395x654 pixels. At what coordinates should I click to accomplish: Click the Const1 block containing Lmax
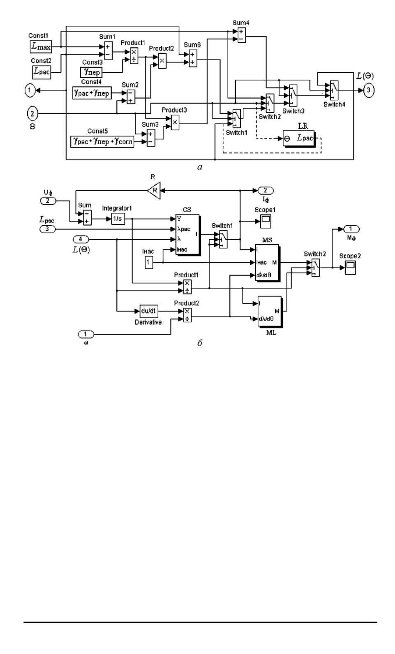41,47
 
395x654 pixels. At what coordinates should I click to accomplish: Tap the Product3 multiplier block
175,122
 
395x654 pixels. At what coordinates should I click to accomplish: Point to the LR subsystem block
299,139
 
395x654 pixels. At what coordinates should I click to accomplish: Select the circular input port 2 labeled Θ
32,113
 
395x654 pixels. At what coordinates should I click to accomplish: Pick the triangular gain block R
154,190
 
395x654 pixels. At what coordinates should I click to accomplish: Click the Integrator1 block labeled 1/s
118,219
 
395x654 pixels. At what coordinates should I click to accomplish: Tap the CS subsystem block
187,234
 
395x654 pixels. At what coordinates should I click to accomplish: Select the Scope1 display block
266,220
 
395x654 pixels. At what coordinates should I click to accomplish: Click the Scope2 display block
350,268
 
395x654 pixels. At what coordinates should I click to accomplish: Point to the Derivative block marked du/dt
148,311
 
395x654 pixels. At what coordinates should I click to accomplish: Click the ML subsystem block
269,311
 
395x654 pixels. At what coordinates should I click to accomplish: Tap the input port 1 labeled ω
86,334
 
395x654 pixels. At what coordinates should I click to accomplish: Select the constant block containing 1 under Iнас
149,262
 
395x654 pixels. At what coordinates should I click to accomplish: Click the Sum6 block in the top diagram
192,58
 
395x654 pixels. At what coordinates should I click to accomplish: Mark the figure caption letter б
200,343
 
